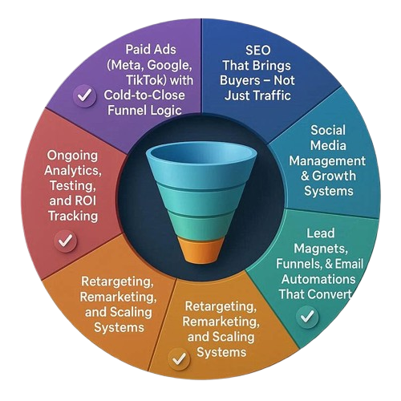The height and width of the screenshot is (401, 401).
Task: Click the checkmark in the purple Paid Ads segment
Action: pos(85,95)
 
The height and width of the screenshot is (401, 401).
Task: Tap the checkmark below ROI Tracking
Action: pos(66,241)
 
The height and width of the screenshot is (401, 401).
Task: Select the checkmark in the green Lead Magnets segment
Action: pos(307,317)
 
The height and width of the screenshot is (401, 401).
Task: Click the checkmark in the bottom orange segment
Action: pos(179,359)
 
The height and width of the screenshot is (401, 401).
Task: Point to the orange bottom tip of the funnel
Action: pos(201,250)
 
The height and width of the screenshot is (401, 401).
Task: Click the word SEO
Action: pos(258,51)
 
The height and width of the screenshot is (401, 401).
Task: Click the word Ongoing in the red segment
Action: pos(72,156)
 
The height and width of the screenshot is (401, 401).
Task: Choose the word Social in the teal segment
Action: pos(328,130)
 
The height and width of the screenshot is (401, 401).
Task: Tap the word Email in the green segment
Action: pos(349,264)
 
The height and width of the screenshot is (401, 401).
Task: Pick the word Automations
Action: pos(318,279)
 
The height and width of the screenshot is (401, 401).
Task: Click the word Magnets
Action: pos(321,249)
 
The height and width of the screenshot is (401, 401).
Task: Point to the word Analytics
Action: pos(73,171)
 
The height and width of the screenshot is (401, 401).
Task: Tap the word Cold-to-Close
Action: pos(144,95)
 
